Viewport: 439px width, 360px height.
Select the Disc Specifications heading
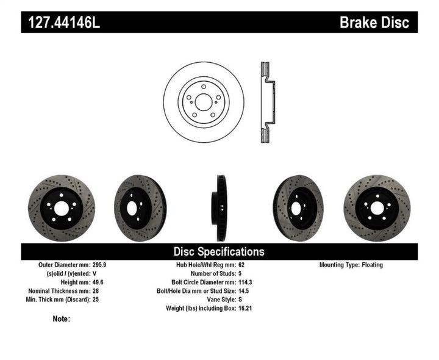[x=219, y=251]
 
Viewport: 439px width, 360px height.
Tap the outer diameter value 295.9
[x=99, y=265]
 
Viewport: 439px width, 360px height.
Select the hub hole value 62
[x=241, y=265]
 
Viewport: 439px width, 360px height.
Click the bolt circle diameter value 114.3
[x=246, y=283]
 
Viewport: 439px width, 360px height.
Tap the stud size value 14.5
[x=244, y=291]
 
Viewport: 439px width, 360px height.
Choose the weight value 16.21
[x=245, y=308]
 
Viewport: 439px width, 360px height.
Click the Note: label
[x=62, y=319]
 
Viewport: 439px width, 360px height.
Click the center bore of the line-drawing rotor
[x=204, y=102]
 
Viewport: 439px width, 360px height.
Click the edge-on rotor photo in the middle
[x=219, y=208]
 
